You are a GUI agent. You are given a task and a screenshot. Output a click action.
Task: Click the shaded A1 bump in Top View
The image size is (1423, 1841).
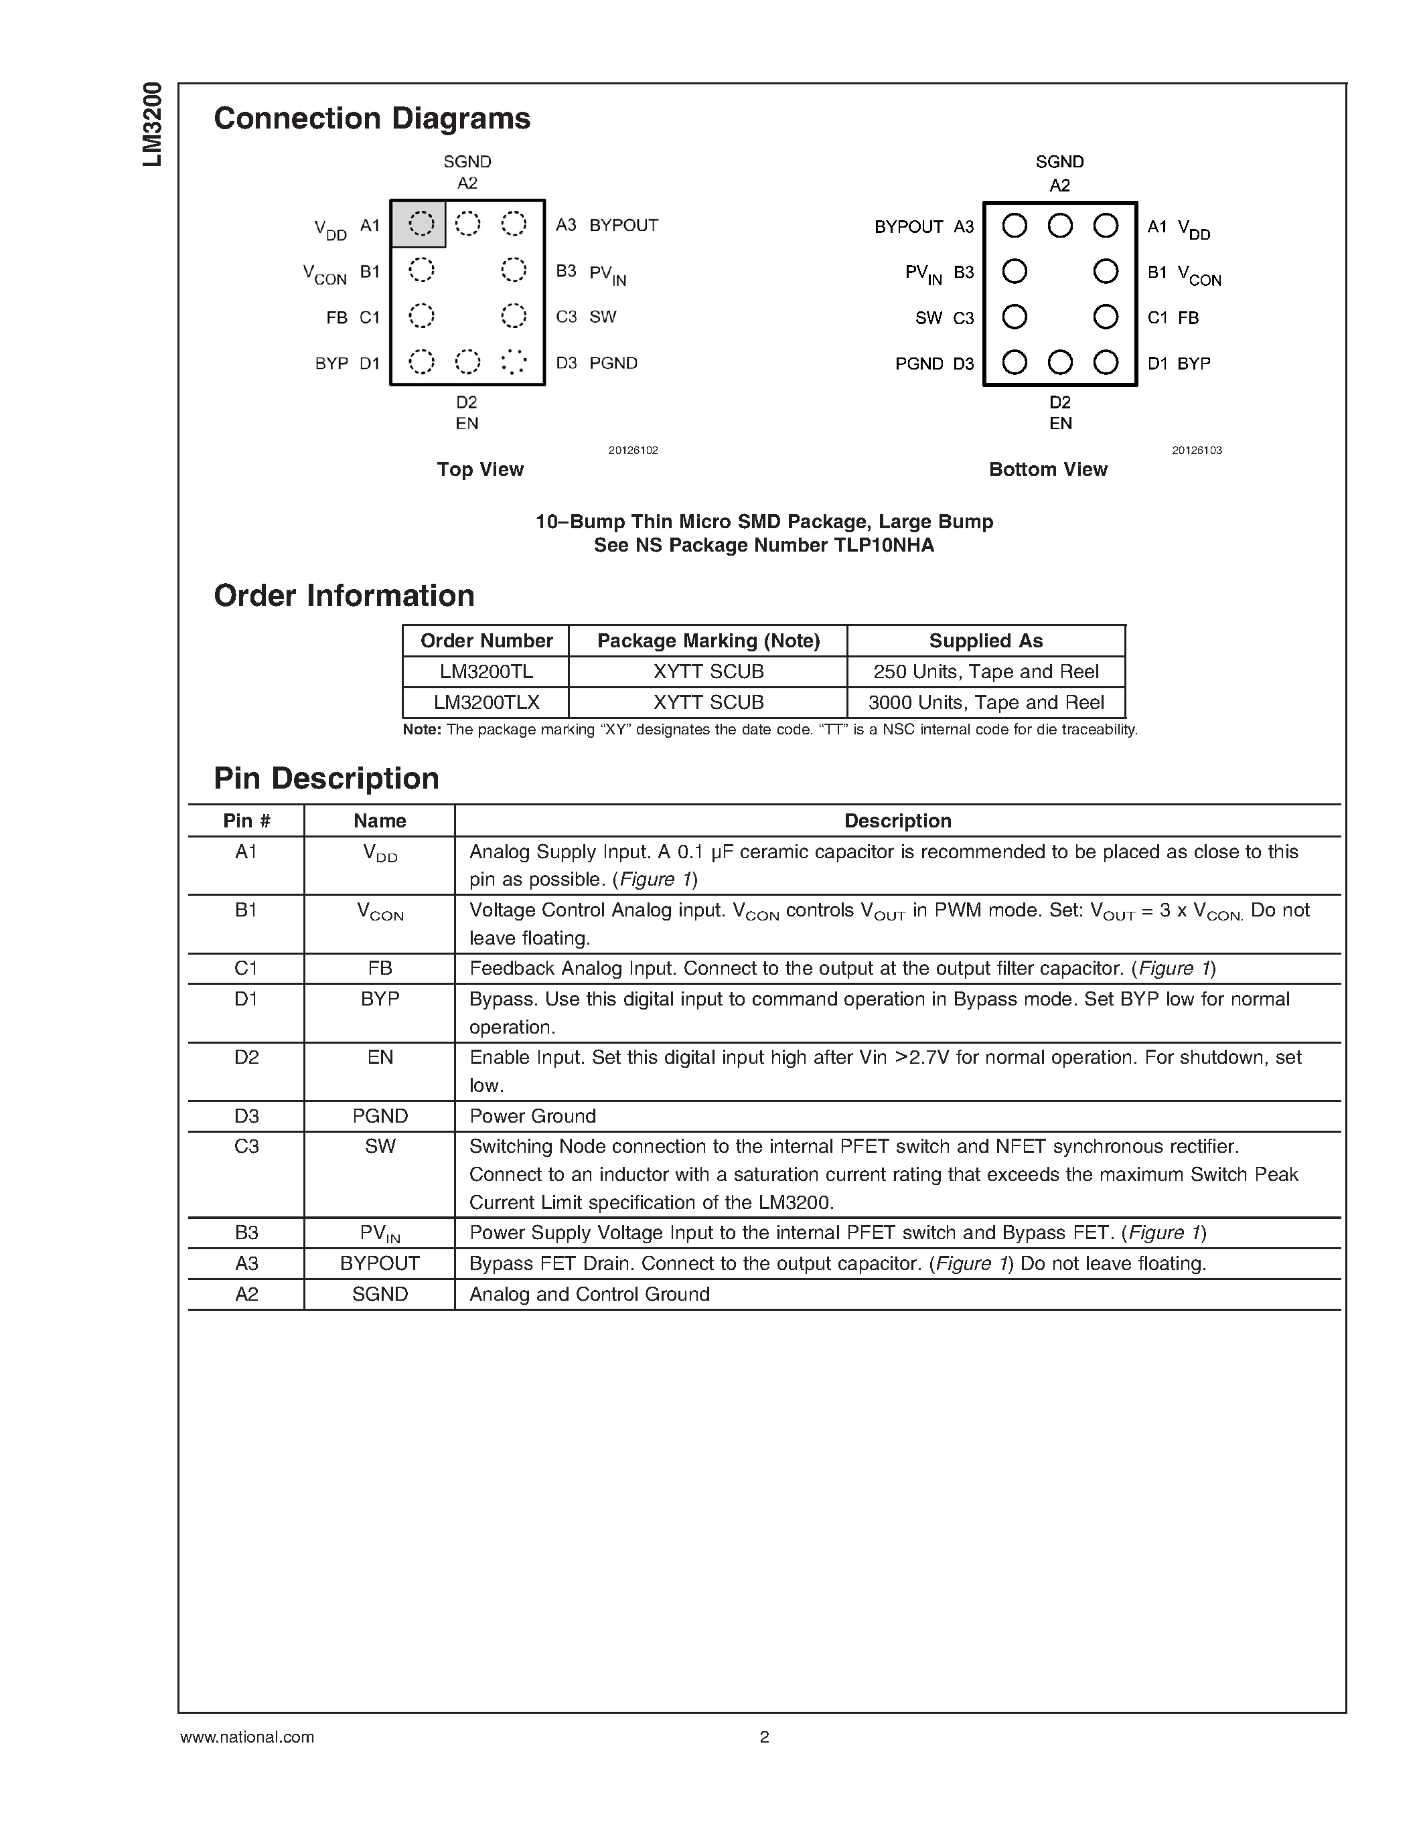[421, 224]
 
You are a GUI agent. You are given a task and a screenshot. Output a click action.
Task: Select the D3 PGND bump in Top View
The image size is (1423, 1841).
[514, 362]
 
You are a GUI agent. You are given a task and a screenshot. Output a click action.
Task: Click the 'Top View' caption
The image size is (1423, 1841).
[479, 469]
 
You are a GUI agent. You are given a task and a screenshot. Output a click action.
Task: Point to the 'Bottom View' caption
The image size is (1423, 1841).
[1047, 469]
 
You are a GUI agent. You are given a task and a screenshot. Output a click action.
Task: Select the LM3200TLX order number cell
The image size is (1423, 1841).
[486, 702]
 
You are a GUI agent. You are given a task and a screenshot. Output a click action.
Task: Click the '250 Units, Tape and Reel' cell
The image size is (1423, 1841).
[986, 672]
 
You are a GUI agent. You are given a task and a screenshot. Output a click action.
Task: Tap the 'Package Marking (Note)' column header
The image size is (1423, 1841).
[708, 641]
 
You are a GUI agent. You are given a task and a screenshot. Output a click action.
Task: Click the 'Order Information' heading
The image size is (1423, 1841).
[344, 596]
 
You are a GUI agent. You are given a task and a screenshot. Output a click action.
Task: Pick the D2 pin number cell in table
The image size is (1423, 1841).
[246, 1057]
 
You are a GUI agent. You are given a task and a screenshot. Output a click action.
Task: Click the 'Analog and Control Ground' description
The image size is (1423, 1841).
[589, 1294]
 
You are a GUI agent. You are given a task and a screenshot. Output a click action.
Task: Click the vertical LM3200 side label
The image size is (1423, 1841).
[153, 125]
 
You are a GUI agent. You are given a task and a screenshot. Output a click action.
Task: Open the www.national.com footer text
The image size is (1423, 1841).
[247, 1737]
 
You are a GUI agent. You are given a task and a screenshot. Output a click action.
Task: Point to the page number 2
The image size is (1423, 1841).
[764, 1737]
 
